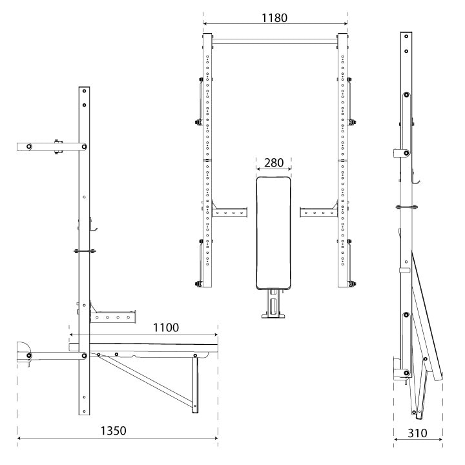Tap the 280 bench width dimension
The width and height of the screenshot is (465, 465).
pos(273,163)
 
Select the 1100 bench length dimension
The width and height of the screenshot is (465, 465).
pos(166,327)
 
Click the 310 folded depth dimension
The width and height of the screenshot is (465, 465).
pos(418,433)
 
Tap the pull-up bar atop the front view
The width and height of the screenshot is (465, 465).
pos(274,41)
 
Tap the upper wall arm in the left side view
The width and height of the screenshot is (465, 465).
pos(48,147)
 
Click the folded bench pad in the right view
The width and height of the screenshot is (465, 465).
pos(427,316)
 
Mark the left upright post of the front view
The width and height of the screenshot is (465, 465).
pos(207,161)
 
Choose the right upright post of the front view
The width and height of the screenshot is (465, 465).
pos(342,161)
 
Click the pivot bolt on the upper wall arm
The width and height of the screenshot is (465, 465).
pos(85,147)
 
